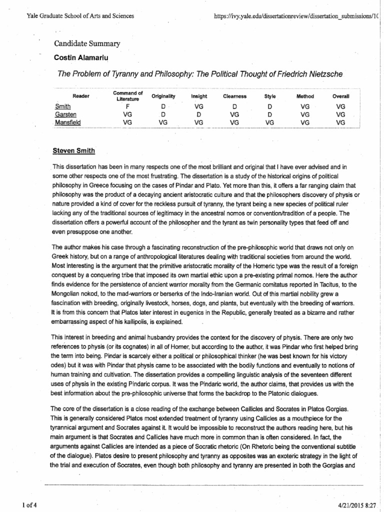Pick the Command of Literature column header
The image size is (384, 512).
click(x=127, y=95)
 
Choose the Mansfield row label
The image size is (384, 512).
click(x=67, y=121)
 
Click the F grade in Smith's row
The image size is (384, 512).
click(x=127, y=106)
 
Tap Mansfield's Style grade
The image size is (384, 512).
click(x=269, y=121)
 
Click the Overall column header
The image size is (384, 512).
click(x=341, y=95)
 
